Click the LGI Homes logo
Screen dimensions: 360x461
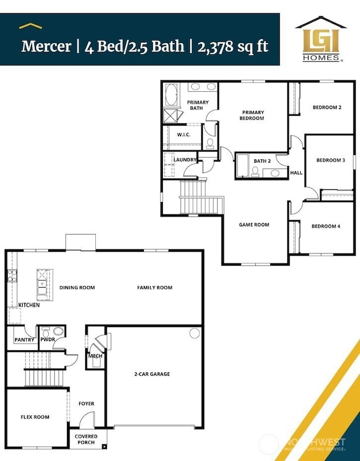[321, 39]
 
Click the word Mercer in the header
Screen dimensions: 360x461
[47, 46]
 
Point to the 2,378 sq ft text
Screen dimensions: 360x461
[233, 46]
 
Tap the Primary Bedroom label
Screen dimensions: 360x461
[253, 115]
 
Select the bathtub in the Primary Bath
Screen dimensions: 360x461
[171, 95]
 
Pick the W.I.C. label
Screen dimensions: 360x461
[183, 134]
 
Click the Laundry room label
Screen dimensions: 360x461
[184, 159]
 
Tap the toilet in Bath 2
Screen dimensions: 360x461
[255, 172]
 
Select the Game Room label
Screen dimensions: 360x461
[254, 225]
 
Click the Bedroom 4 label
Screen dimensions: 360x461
[326, 226]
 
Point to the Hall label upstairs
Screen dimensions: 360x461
[296, 173]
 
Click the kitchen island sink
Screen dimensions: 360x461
[42, 287]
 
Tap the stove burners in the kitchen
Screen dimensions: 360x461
[12, 276]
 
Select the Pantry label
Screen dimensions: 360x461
[24, 340]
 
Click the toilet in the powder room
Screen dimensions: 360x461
[45, 333]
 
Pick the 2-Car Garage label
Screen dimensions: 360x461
[152, 374]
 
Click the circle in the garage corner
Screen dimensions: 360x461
[194, 333]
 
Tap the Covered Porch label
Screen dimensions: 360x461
[86, 439]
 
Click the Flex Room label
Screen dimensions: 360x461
[35, 417]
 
